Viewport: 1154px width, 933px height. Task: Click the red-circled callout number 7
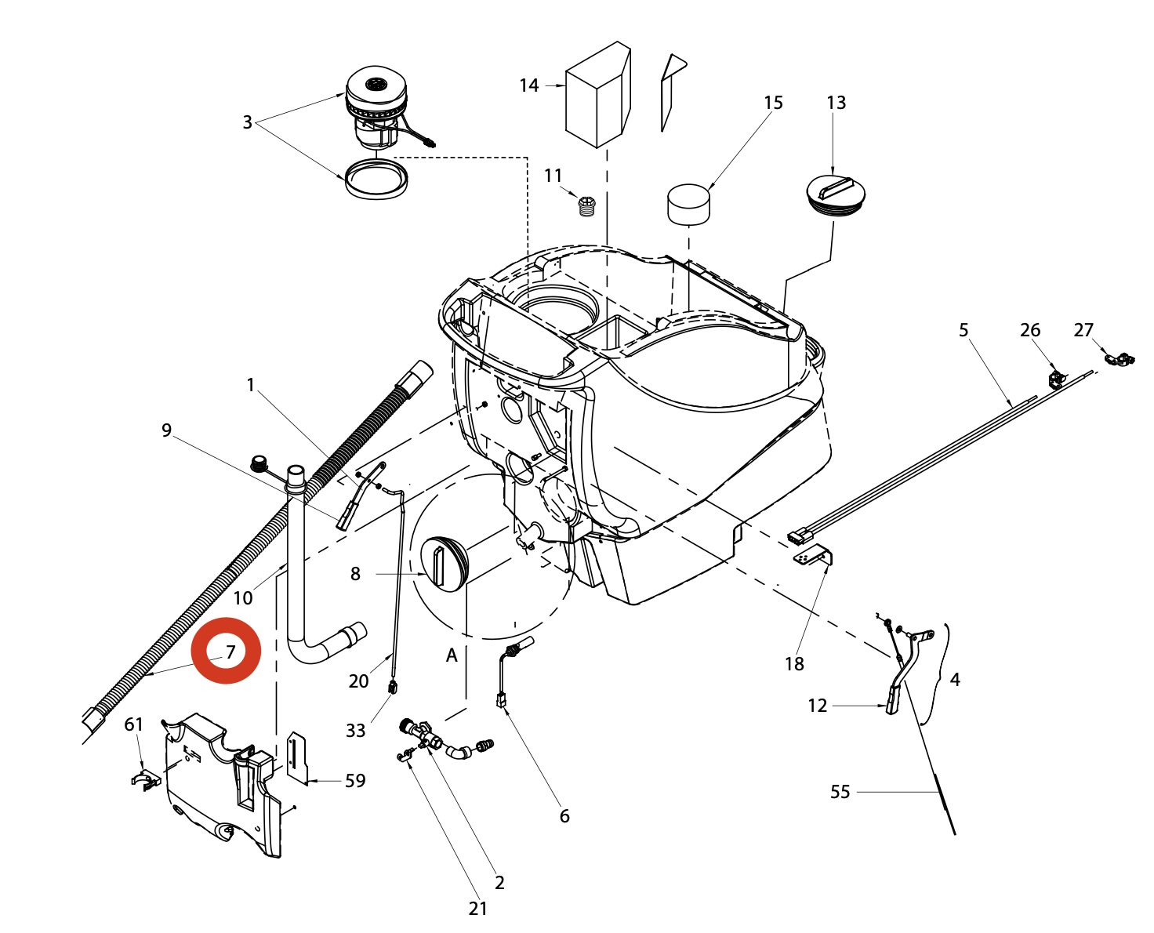click(x=230, y=652)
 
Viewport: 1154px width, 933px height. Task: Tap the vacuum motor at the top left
click(x=378, y=110)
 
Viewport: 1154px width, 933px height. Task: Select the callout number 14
click(x=529, y=85)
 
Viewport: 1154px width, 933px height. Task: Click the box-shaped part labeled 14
click(x=598, y=96)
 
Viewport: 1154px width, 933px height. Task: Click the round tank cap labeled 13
click(x=836, y=194)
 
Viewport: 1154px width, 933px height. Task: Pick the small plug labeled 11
click(x=587, y=206)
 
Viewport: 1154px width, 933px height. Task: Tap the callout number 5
click(x=963, y=330)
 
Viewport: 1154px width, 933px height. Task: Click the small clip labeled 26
click(x=1057, y=379)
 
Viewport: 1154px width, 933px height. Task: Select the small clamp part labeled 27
click(x=1120, y=358)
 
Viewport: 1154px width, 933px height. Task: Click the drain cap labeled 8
click(x=444, y=562)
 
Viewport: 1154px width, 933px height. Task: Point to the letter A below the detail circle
click(x=452, y=655)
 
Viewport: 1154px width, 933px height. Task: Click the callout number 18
click(x=794, y=664)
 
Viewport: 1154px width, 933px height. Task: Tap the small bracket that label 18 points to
click(x=813, y=556)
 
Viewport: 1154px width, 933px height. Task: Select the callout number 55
click(x=840, y=792)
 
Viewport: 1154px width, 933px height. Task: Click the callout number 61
click(x=134, y=724)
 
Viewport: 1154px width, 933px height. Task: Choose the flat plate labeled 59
click(x=296, y=757)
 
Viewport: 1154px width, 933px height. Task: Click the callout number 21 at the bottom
click(x=478, y=909)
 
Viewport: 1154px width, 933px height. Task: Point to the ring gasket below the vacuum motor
click(x=376, y=180)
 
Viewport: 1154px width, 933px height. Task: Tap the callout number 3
click(x=248, y=122)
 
